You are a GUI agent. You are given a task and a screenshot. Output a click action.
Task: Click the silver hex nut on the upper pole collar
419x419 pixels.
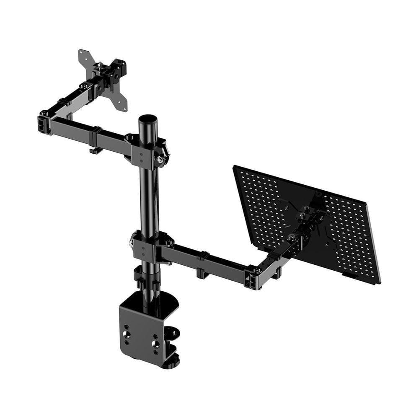click(x=160, y=159)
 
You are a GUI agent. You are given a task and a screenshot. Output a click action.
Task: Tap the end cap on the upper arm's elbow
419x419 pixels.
click(x=44, y=124)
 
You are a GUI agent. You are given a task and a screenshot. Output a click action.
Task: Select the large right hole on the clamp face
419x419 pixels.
click(x=155, y=344)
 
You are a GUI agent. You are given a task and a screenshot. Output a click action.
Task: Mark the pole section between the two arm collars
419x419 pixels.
click(x=148, y=201)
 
